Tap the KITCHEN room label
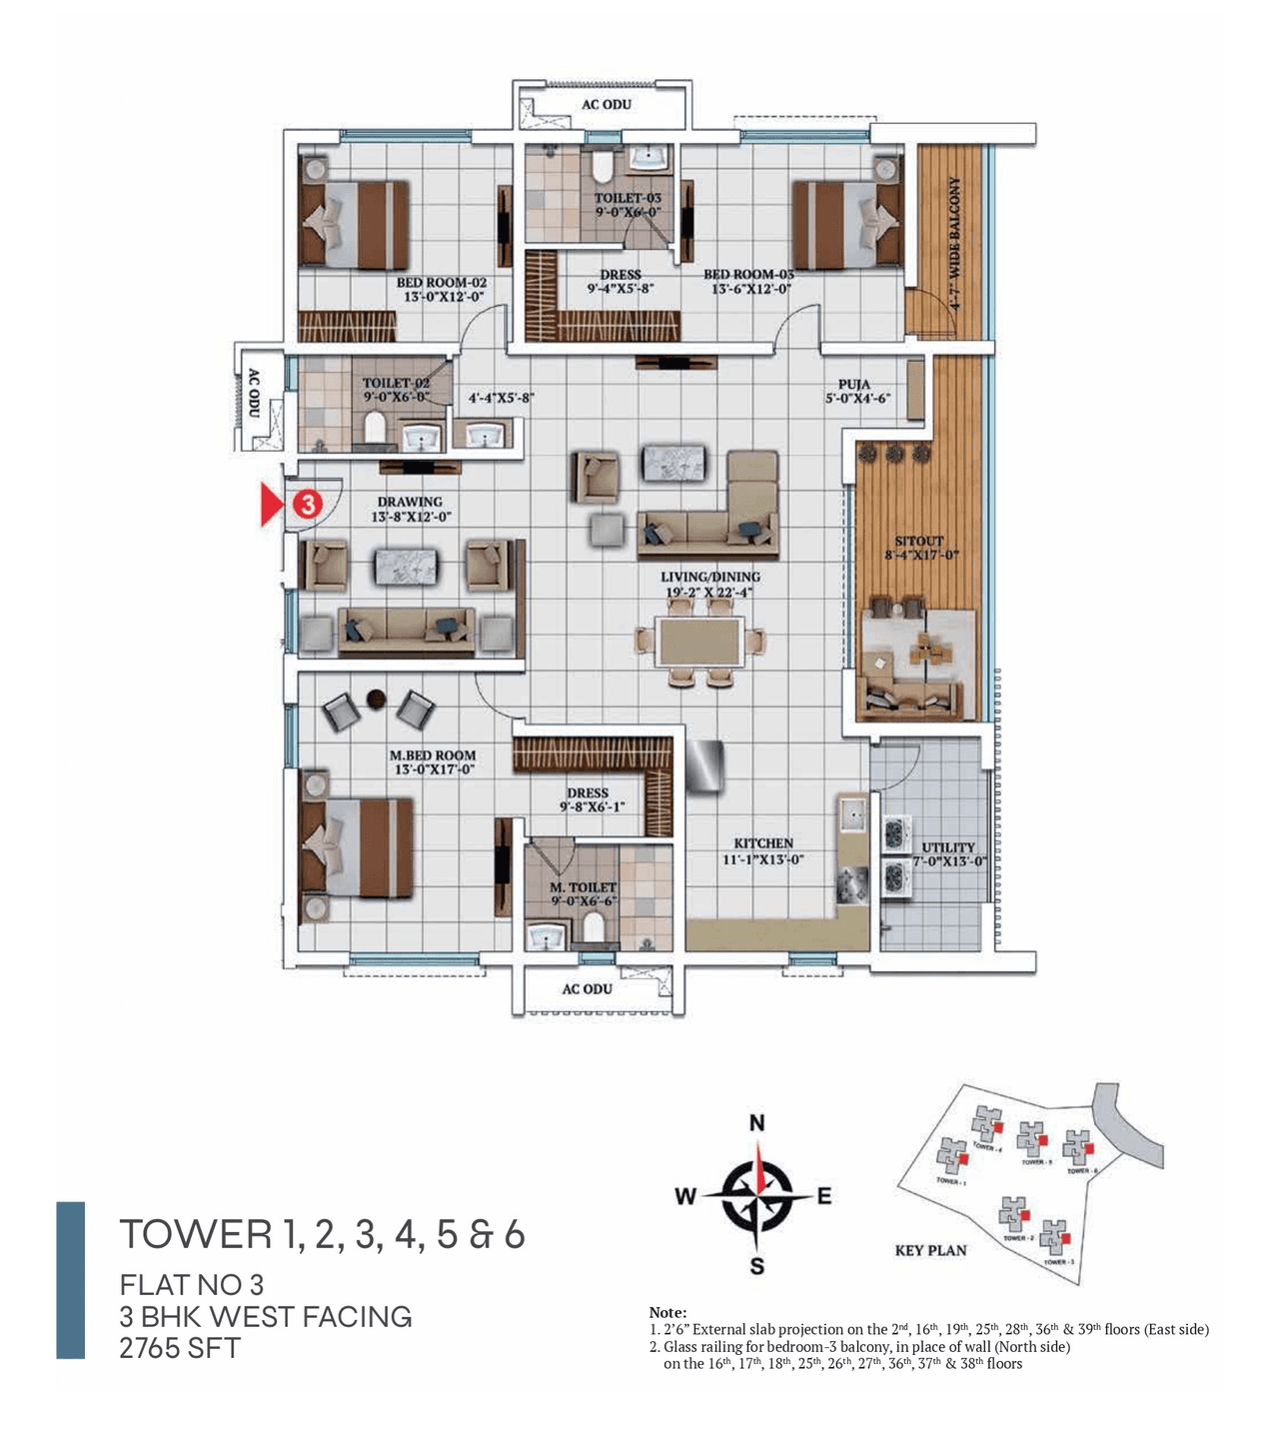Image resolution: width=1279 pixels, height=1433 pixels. point(762,843)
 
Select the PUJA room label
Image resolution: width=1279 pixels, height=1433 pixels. point(854,384)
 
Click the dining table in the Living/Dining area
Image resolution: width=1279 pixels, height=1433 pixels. point(699,642)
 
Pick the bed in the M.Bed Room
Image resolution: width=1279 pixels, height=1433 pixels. point(356,847)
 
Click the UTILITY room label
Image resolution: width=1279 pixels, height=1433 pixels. point(948,846)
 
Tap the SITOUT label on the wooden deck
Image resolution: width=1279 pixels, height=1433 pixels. point(919,541)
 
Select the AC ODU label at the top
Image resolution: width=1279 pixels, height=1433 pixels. point(607,104)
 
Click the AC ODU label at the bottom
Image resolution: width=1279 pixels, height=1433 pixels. point(587,988)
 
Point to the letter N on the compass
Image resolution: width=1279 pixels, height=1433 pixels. point(757,1123)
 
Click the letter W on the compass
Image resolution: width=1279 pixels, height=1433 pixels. point(685,1196)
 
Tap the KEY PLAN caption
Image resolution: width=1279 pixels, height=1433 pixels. point(930,1250)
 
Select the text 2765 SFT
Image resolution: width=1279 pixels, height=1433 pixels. point(180,1348)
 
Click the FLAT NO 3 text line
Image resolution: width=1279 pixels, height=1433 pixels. point(192,1284)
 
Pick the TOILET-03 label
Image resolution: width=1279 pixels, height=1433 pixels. point(628,198)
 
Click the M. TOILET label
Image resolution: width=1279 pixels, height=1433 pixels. point(584,887)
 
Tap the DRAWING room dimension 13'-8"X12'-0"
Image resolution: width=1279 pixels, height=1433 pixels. point(411,517)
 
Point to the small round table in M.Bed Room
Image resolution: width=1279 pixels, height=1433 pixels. point(377,699)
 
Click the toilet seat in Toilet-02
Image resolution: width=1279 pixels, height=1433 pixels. point(376,428)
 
